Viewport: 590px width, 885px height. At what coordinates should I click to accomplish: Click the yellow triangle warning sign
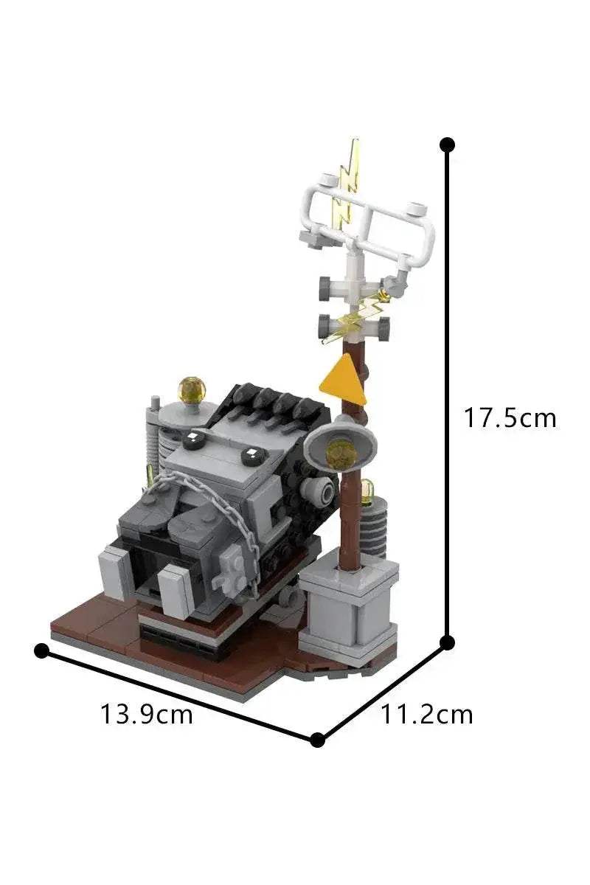tap(344, 379)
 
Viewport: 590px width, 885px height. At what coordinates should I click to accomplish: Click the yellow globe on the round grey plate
tap(192, 390)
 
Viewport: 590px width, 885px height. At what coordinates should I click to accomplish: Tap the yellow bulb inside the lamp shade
tap(341, 452)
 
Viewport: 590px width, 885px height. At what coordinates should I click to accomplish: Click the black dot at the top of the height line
tap(446, 145)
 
